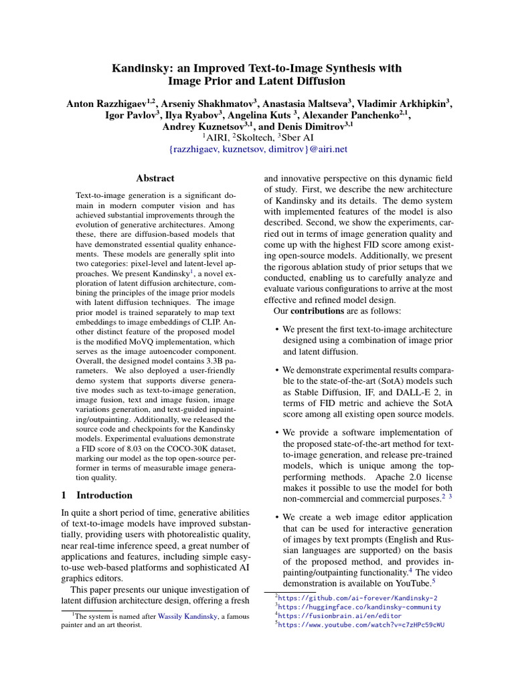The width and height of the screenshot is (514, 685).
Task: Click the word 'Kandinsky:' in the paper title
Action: [139, 68]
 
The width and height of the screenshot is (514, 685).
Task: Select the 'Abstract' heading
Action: [155, 179]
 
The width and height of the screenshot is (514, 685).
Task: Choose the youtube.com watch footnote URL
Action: [361, 625]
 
